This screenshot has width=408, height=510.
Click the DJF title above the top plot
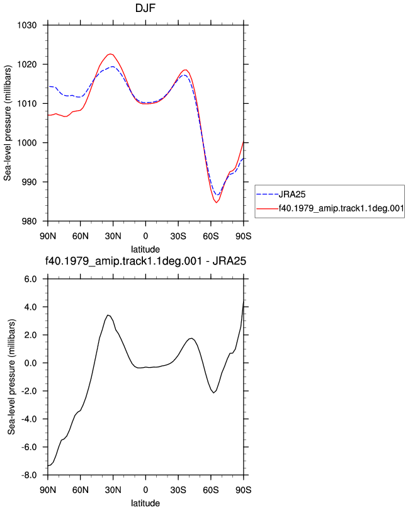click(x=145, y=8)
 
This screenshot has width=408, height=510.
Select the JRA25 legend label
click(x=292, y=195)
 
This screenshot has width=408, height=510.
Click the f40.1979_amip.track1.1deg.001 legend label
click(x=341, y=208)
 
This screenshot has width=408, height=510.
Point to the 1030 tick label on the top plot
click(x=27, y=25)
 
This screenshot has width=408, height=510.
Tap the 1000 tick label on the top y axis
click(x=27, y=143)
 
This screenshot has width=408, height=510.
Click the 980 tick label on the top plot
click(x=29, y=221)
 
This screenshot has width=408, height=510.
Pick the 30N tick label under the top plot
click(x=113, y=236)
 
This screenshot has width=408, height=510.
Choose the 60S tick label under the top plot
click(x=211, y=236)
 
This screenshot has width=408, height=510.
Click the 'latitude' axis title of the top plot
click(x=145, y=249)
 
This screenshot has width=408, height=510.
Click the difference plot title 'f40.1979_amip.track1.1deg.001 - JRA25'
click(x=145, y=261)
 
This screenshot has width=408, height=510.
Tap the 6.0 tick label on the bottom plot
click(x=30, y=279)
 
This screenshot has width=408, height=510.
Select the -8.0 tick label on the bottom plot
click(x=29, y=475)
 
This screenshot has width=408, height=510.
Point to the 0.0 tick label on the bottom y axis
click(x=30, y=363)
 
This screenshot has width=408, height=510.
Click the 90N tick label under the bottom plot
click(x=48, y=490)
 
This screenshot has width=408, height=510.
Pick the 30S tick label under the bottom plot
click(x=178, y=490)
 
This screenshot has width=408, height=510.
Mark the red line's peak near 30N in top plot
click(x=110, y=54)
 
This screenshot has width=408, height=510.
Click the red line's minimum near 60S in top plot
click(x=216, y=203)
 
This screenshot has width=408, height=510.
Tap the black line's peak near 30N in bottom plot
click(x=108, y=315)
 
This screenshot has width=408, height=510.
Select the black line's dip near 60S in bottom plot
click(x=214, y=393)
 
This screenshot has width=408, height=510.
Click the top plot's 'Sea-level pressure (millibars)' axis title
click(x=8, y=123)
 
